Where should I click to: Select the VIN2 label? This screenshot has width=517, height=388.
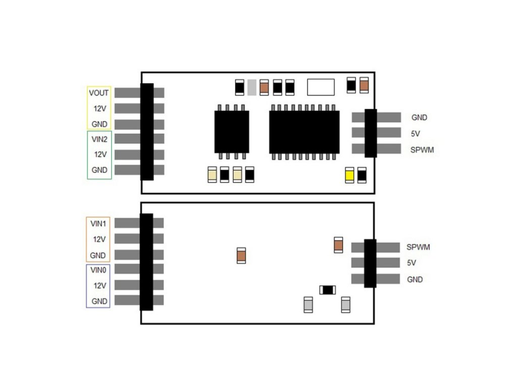[x=99, y=138]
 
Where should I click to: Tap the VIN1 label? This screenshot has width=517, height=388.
[x=98, y=223]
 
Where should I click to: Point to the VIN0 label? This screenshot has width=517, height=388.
[x=98, y=270]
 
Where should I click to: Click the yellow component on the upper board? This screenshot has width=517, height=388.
[x=349, y=175]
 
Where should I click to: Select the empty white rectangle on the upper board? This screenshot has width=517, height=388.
[x=321, y=87]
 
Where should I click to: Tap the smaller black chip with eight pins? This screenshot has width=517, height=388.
[x=232, y=131]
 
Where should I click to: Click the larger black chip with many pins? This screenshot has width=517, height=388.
[x=304, y=132]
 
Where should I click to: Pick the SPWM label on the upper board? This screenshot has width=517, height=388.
[x=422, y=150]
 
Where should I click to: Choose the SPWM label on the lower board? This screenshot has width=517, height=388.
[x=418, y=248]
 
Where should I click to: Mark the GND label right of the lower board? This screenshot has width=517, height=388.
[x=415, y=279]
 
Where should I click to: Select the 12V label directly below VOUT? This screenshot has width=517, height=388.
[x=99, y=109]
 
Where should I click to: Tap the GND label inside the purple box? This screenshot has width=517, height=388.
[x=99, y=301]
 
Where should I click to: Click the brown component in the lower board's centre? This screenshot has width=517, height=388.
[x=241, y=256]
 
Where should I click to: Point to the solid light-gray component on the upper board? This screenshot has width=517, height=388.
[x=251, y=87]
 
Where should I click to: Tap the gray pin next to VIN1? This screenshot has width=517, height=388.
[x=126, y=223]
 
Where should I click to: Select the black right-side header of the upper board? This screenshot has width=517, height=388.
[x=371, y=133]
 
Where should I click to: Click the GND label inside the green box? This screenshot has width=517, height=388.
[x=99, y=170]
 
